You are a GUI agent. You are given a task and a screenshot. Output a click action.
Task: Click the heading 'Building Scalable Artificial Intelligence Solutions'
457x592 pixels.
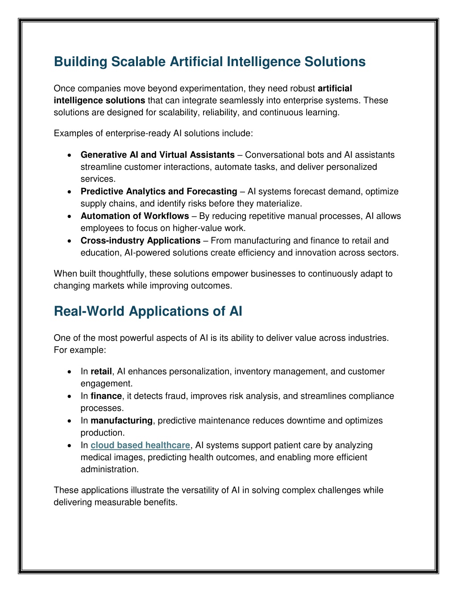click(x=209, y=62)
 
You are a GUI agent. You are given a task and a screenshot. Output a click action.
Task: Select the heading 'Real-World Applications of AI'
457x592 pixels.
click(x=148, y=311)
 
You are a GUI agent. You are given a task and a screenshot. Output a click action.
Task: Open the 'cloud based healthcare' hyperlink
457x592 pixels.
click(x=140, y=445)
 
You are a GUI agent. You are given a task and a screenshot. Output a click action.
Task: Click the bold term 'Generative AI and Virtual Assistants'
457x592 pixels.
click(x=158, y=155)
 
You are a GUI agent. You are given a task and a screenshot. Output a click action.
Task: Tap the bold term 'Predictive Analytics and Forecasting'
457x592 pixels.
click(x=159, y=191)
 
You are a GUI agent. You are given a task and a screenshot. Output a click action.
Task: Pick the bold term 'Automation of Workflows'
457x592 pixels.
click(x=135, y=216)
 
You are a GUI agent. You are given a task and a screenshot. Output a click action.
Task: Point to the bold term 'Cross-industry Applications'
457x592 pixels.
click(x=141, y=240)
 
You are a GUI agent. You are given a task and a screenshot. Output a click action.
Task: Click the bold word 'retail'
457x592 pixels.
click(x=101, y=371)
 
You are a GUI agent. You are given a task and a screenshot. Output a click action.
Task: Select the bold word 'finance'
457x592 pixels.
click(x=106, y=396)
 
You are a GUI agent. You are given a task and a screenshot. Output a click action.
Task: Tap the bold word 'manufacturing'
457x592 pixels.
click(x=121, y=420)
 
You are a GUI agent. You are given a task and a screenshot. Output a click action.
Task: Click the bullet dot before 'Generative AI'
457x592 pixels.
click(x=70, y=155)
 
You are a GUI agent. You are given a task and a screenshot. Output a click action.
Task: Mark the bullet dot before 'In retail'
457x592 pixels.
click(x=70, y=372)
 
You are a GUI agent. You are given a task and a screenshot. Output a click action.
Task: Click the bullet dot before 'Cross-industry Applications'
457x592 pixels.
click(x=70, y=241)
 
